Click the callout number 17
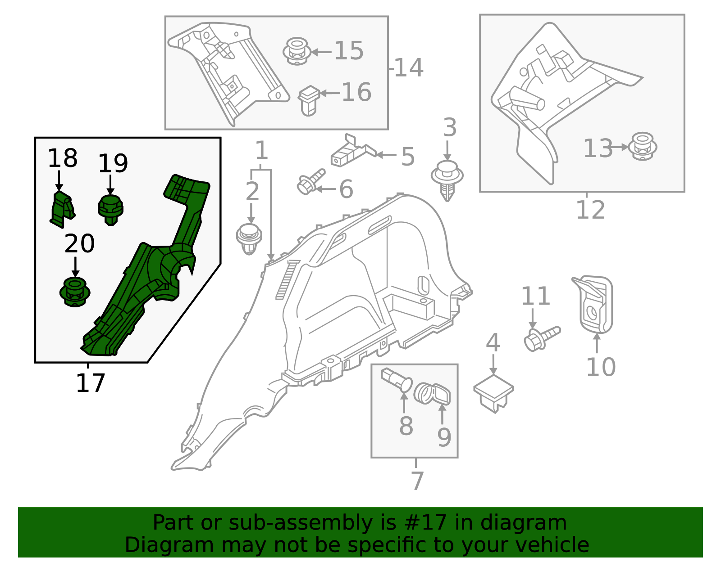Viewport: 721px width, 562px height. click(x=90, y=383)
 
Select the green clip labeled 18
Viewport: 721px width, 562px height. click(x=62, y=209)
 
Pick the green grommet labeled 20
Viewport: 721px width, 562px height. click(x=75, y=292)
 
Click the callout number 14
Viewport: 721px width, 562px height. click(x=409, y=68)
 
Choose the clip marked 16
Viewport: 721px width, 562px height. click(x=309, y=101)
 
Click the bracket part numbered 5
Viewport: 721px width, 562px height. click(x=353, y=152)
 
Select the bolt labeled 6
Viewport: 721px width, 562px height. click(x=311, y=182)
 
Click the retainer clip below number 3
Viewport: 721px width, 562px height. click(x=447, y=181)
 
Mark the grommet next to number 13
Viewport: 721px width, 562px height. click(x=643, y=146)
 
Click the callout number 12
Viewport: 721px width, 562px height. click(x=591, y=210)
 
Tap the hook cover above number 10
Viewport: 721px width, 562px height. click(x=593, y=304)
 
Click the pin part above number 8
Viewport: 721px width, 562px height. click(x=397, y=381)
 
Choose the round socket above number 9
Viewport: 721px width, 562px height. click(x=432, y=394)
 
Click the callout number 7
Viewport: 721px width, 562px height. click(x=418, y=481)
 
